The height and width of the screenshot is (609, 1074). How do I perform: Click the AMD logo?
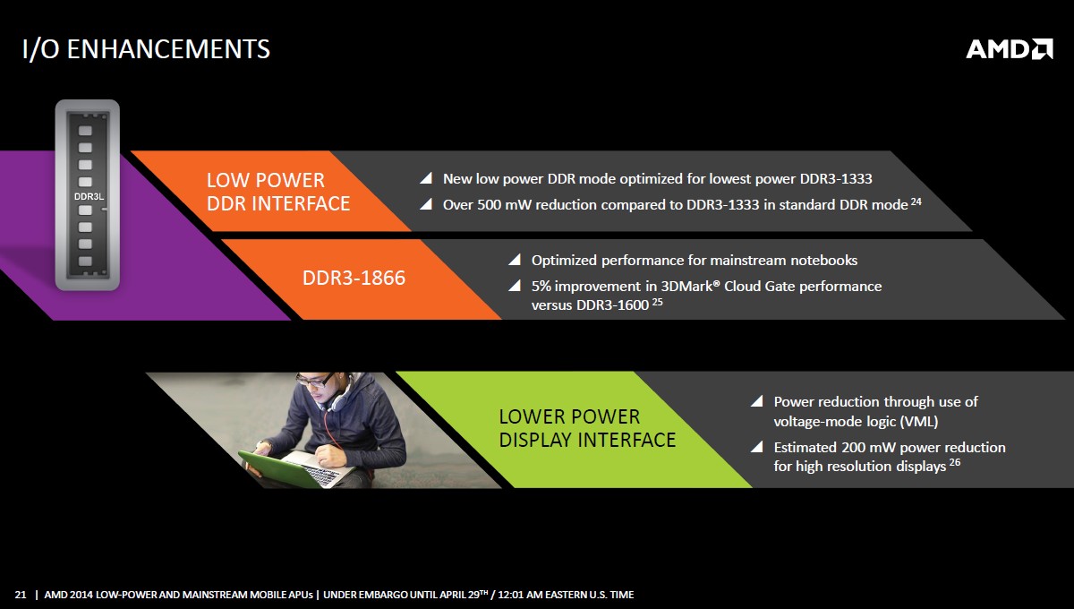click(x=1010, y=49)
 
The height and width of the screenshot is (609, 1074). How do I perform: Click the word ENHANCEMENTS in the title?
click(x=168, y=49)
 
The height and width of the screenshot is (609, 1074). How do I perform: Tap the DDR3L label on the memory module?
click(x=89, y=197)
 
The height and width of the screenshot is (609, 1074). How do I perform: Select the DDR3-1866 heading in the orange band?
click(x=354, y=278)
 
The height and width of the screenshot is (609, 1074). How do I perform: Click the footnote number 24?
click(x=916, y=202)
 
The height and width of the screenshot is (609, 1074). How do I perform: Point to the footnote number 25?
click(x=657, y=302)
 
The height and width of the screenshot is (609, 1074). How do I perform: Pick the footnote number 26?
click(x=955, y=462)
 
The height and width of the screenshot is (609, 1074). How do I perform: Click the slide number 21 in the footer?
click(x=21, y=595)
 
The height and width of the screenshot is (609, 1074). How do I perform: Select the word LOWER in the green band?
click(x=536, y=416)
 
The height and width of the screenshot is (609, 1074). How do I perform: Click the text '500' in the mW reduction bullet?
click(x=489, y=205)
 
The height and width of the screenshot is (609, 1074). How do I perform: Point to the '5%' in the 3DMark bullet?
click(x=541, y=287)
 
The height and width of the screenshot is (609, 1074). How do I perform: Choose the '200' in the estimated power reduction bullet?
click(x=854, y=447)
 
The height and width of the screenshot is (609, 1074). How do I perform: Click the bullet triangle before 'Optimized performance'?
click(x=516, y=260)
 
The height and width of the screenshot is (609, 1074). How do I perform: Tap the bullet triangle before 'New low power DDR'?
click(x=427, y=178)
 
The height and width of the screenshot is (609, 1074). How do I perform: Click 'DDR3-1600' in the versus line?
click(x=612, y=305)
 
